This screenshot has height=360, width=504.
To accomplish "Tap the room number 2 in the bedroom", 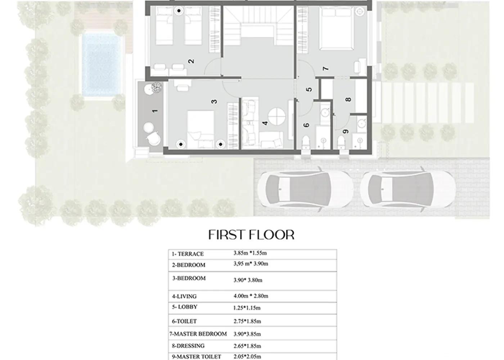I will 191,61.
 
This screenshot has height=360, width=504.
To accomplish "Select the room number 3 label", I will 215,102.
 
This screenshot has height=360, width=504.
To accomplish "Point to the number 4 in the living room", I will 265,123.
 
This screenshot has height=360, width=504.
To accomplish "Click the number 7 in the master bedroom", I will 325,68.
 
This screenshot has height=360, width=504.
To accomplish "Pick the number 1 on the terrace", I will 155,111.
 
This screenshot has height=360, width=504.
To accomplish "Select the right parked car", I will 408,189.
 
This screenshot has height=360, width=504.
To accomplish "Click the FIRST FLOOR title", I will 251,235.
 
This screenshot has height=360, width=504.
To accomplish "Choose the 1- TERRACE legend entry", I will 188,254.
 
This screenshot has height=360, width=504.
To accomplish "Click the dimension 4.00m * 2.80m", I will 251,296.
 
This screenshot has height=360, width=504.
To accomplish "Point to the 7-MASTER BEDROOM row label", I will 198,334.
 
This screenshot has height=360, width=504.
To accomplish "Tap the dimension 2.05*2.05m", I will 247,356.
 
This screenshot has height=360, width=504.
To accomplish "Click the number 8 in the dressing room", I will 348,99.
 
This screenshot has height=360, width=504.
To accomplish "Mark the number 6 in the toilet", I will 306,125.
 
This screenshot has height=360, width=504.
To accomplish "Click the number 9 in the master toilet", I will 346,132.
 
